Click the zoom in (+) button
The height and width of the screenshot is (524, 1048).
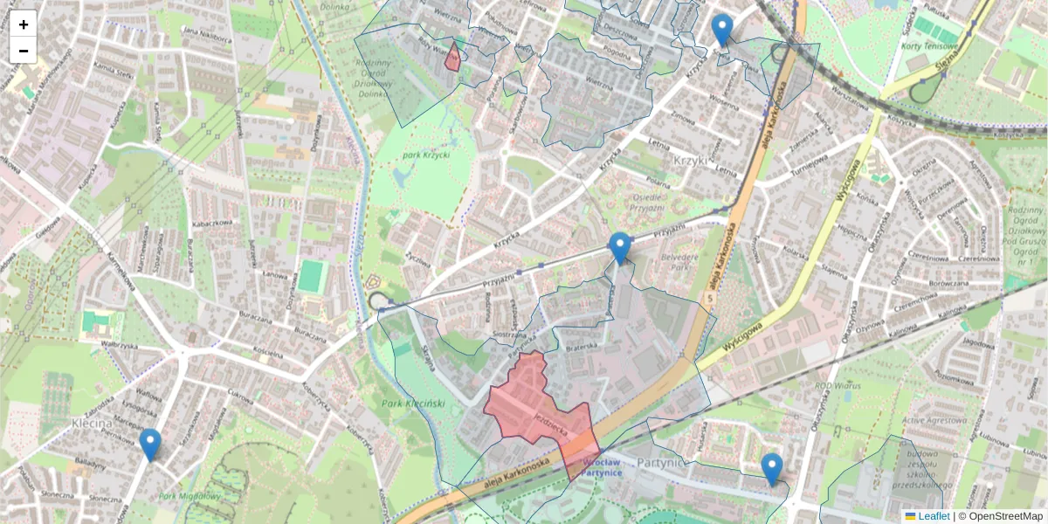point(23,24)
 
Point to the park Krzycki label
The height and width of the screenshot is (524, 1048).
point(424,156)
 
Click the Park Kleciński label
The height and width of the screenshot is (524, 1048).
point(414,403)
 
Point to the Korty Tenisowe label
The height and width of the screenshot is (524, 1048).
point(930,45)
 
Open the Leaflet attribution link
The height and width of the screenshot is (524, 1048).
point(932,516)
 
